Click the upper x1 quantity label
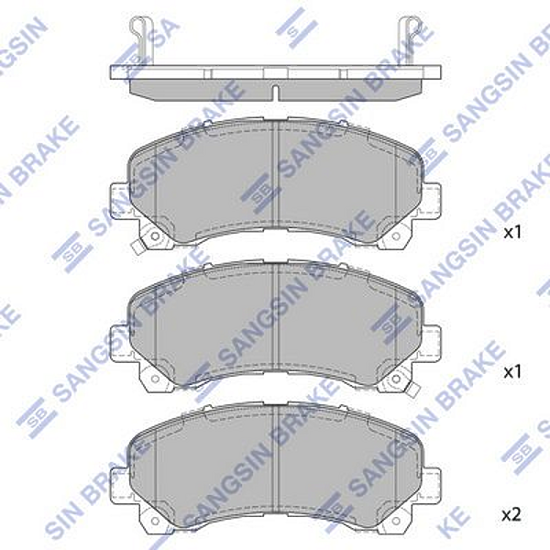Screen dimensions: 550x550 tap(512, 233)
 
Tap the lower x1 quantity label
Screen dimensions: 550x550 tap(512, 373)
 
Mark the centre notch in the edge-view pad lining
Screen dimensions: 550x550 tap(275, 91)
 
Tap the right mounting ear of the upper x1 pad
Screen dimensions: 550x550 tap(429, 201)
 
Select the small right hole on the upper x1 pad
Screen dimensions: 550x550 tap(396, 236)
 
